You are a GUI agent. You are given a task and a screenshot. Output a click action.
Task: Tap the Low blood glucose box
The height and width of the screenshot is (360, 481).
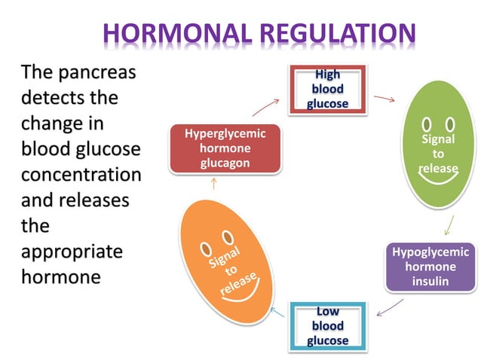327,325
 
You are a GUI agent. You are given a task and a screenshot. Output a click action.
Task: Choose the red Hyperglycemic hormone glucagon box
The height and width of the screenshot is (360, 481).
225,148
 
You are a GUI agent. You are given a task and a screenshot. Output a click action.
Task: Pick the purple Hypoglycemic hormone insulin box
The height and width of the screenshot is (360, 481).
430,267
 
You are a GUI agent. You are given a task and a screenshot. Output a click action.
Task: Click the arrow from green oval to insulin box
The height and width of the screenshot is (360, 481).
449,224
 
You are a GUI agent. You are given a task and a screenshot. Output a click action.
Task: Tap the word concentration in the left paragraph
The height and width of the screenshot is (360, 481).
81,175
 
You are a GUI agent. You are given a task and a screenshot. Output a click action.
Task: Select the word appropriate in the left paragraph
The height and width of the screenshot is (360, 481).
71,251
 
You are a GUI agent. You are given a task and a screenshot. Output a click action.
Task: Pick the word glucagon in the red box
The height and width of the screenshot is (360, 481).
225,163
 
